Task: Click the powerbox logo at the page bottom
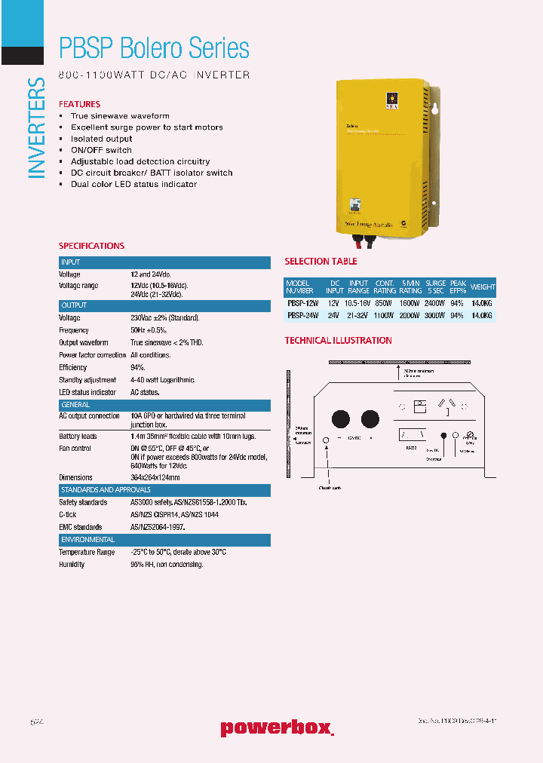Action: (276, 728)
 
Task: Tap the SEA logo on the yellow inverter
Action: (391, 100)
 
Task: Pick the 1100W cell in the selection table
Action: (385, 316)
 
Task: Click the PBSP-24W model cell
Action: (302, 316)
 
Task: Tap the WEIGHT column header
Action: (483, 287)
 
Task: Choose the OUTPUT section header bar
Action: (164, 305)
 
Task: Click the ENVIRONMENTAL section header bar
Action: (164, 540)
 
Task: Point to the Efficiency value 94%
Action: (137, 368)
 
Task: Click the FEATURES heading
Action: (79, 104)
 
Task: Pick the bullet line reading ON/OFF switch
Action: (101, 150)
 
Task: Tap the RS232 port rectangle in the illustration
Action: (412, 435)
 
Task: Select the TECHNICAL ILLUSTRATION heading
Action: (338, 341)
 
